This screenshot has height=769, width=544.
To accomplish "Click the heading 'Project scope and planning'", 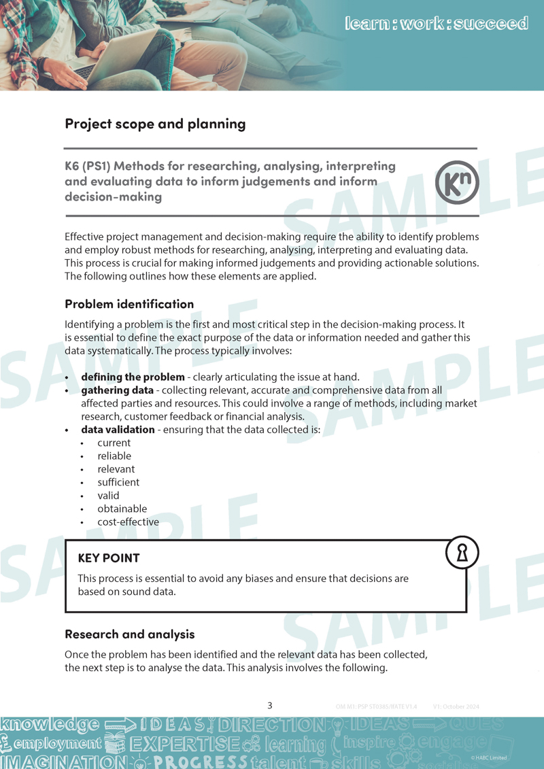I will [x=155, y=124].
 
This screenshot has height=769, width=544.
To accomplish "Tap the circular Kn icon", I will [x=457, y=183].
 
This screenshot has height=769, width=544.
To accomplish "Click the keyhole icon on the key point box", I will [x=462, y=553].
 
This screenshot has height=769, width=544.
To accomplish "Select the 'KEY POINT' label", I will [x=109, y=558].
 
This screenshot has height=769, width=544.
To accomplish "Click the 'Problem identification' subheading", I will [x=129, y=304].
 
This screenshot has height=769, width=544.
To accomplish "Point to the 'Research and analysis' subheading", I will [x=130, y=634].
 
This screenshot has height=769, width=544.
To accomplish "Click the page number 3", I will [x=270, y=706].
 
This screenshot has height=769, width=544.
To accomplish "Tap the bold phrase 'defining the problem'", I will [x=133, y=377].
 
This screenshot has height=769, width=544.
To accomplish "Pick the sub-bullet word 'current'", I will [x=114, y=443].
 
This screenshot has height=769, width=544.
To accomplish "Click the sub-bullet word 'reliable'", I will [x=114, y=456].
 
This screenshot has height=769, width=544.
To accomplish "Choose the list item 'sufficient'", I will [x=118, y=483].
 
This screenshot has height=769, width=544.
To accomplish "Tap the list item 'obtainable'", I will [x=122, y=509].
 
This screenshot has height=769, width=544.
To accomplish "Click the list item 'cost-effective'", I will [x=128, y=522].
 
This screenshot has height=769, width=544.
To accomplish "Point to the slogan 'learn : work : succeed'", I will [x=437, y=24].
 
